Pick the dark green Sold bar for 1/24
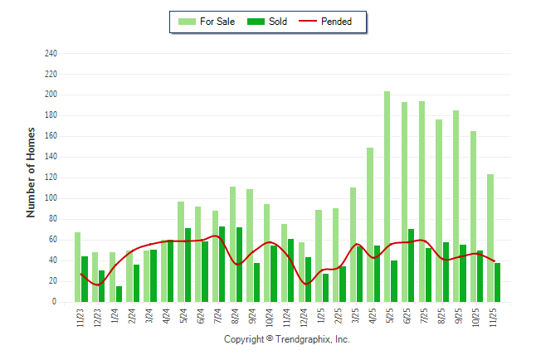(119, 294)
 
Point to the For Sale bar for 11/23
(77, 267)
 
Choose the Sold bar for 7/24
(222, 264)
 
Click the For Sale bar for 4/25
(370, 225)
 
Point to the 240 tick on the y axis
(51, 53)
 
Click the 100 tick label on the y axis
(51, 198)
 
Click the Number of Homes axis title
(31, 173)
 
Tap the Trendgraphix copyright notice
(287, 339)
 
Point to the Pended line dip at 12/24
(306, 285)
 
